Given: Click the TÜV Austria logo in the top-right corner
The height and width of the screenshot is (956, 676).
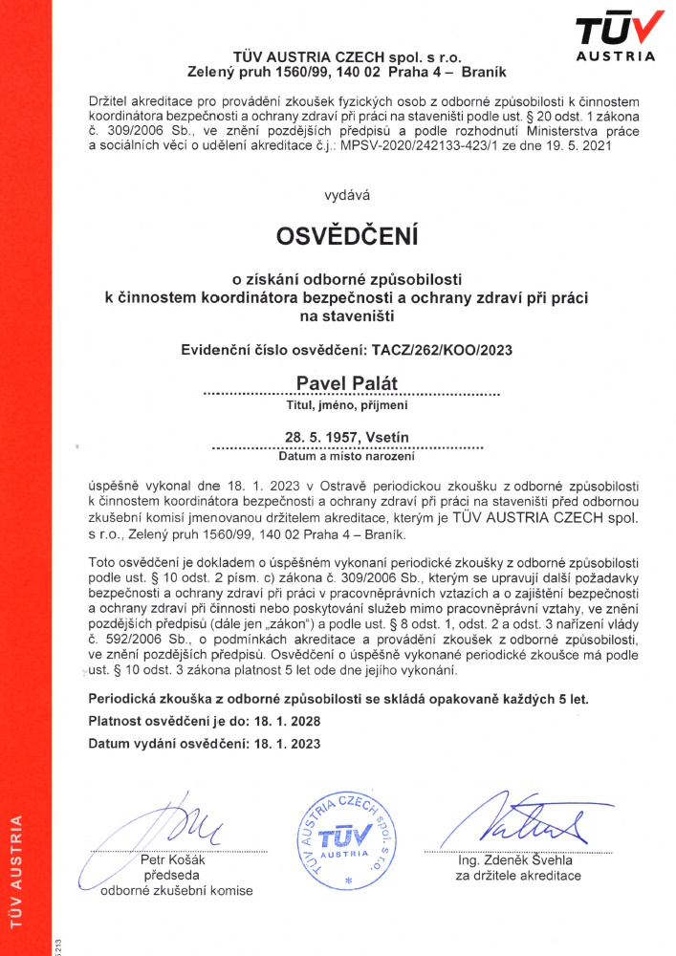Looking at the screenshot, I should tap(617, 35).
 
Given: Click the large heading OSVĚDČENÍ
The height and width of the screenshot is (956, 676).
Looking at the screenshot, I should tap(347, 234).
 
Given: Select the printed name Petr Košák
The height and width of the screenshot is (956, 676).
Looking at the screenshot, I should tap(172, 859).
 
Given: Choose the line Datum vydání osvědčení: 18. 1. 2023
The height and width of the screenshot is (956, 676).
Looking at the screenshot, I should tap(205, 743).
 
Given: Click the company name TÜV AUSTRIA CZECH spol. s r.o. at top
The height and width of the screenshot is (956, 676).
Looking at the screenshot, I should tap(347, 57).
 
